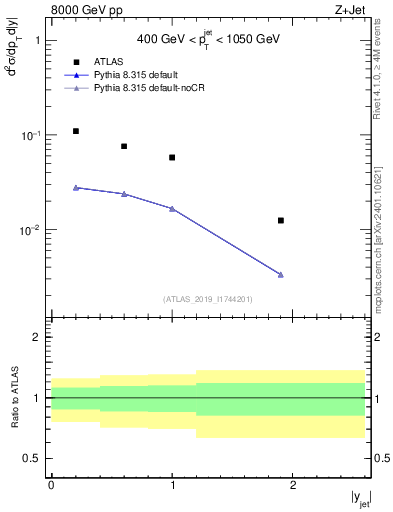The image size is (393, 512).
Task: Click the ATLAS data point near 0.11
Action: tap(76, 131)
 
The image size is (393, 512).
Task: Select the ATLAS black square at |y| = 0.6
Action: tap(124, 146)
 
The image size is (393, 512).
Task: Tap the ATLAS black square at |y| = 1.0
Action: tap(172, 157)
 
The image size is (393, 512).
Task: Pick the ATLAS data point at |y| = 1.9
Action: tap(281, 220)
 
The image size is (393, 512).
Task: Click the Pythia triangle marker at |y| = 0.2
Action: tap(76, 187)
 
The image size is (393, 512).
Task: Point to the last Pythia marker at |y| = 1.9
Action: tap(281, 274)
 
